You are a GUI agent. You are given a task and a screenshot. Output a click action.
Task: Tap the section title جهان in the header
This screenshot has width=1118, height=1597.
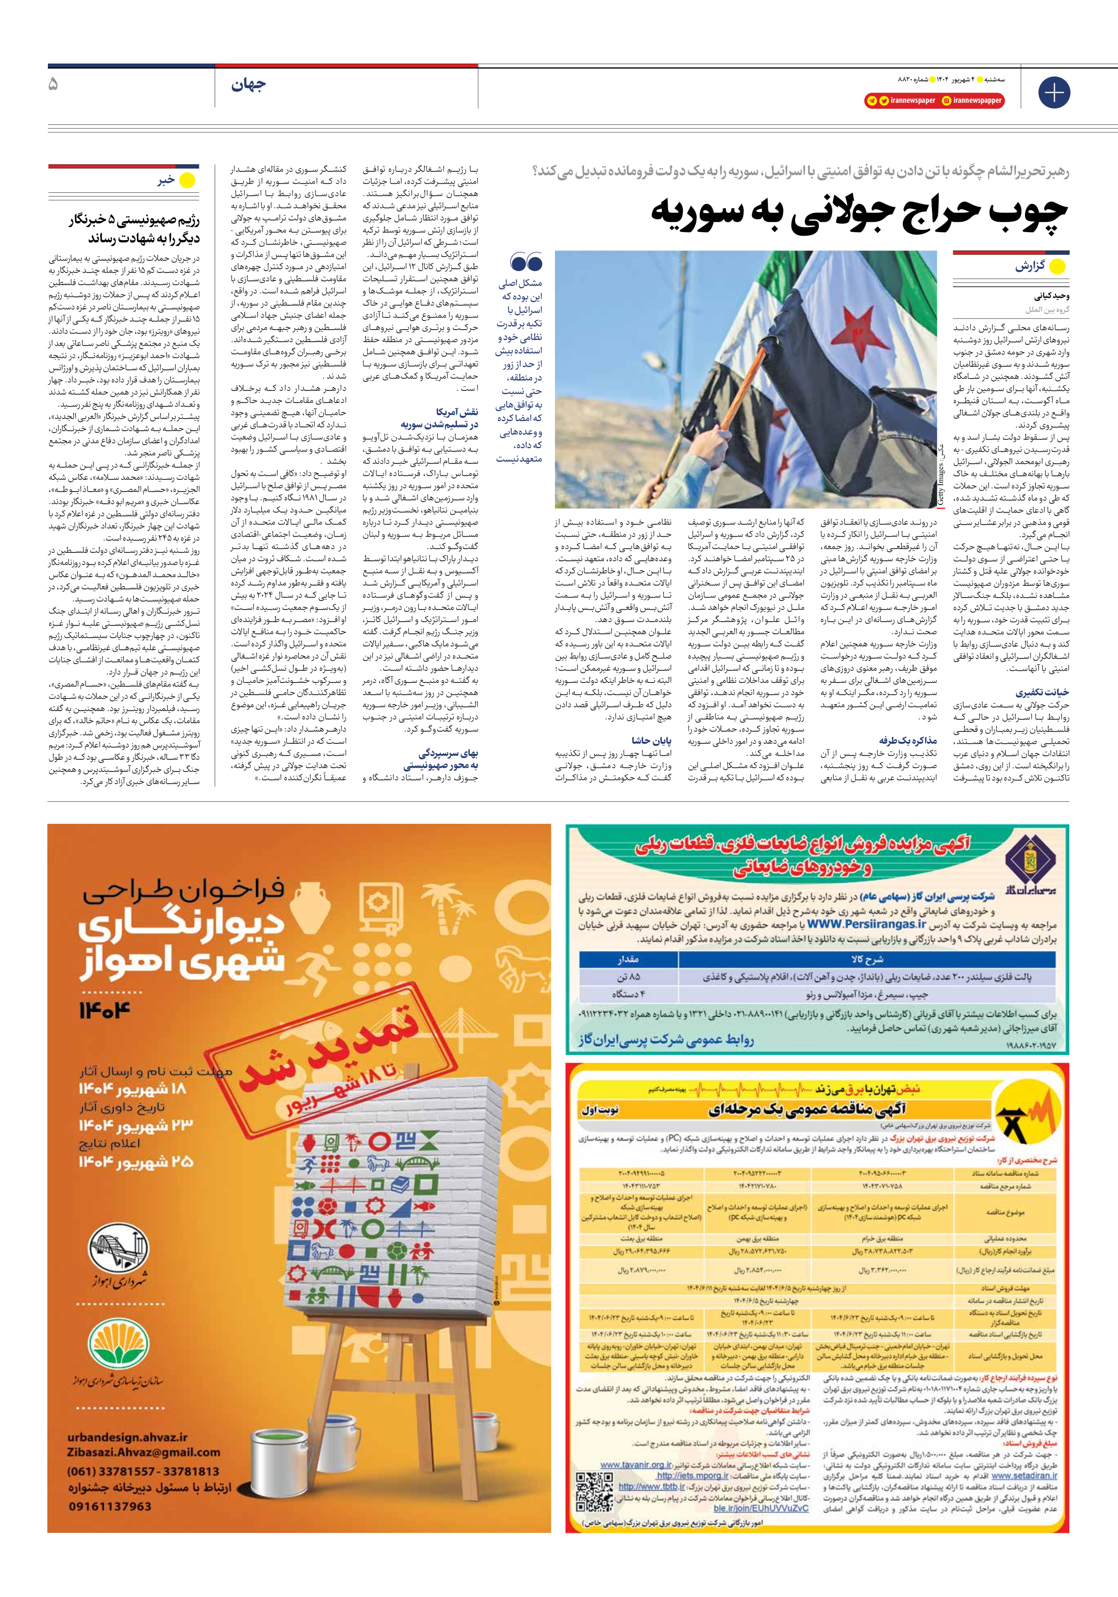pyautogui.click(x=248, y=85)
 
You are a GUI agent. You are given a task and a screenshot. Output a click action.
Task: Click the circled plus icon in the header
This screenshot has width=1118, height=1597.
pyautogui.click(x=1053, y=93)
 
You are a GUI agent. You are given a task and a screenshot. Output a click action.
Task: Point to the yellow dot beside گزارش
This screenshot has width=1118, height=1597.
pyautogui.click(x=1057, y=267)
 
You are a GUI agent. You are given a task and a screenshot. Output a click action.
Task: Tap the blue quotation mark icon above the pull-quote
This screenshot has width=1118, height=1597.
pyautogui.click(x=526, y=262)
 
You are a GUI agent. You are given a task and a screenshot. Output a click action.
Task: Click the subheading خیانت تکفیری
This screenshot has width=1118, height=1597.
pyautogui.click(x=1042, y=693)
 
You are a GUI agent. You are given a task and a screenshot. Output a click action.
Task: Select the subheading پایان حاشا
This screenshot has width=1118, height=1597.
pyautogui.click(x=651, y=741)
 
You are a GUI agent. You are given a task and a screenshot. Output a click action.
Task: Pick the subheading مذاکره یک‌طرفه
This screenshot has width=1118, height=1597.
pyautogui.click(x=907, y=741)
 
